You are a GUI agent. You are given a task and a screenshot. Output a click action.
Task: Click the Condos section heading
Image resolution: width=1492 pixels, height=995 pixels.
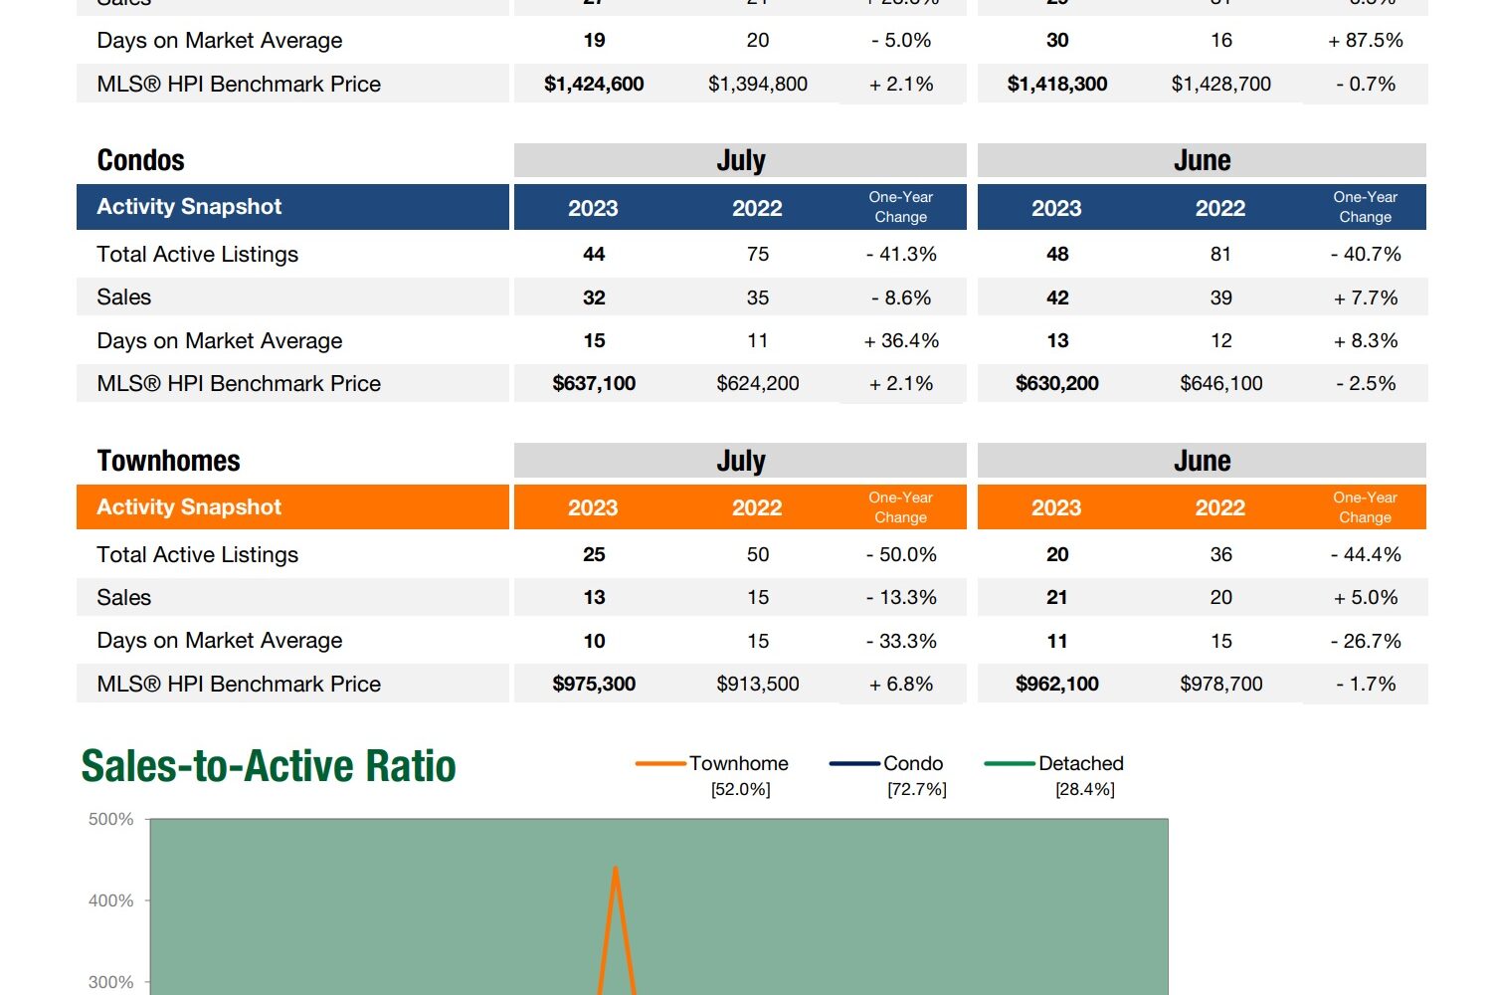click(140, 160)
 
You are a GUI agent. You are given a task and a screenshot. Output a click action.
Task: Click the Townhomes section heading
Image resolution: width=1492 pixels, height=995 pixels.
click(168, 461)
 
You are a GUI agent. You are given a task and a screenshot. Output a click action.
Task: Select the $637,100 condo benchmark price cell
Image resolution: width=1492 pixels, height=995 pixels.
click(594, 384)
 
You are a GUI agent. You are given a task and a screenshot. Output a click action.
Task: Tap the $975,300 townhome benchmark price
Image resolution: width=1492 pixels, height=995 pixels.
click(594, 685)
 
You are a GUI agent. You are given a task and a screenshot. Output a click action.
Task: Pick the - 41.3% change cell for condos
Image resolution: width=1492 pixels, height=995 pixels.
click(901, 255)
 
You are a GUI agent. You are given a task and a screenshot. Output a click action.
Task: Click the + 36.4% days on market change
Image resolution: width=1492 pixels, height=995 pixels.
click(901, 341)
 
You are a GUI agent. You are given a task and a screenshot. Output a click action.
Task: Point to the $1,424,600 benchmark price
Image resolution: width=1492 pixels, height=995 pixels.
click(594, 85)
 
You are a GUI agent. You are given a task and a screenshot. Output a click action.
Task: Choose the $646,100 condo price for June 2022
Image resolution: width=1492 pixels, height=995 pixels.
click(1220, 384)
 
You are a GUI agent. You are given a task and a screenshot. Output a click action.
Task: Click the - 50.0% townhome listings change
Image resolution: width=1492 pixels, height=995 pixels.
click(901, 555)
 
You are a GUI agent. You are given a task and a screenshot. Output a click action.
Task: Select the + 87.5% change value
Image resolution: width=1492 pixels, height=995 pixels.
click(1365, 41)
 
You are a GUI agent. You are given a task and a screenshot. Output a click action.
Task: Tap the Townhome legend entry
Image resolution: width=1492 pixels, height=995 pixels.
click(738, 763)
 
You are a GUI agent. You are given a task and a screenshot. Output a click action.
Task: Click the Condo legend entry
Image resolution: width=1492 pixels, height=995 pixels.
click(912, 763)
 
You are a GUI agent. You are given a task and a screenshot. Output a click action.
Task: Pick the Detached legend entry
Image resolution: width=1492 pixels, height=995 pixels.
click(1080, 763)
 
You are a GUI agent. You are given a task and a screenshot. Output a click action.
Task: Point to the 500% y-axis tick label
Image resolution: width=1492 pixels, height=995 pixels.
click(110, 820)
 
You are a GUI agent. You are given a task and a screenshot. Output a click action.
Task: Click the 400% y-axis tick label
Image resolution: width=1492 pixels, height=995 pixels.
click(110, 901)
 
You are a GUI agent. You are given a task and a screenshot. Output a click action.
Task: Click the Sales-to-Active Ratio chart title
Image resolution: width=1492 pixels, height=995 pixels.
click(269, 766)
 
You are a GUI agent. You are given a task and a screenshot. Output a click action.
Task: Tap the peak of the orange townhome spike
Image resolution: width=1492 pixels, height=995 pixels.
click(616, 868)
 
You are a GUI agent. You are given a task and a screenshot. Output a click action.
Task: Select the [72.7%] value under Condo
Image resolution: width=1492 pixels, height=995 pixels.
click(916, 790)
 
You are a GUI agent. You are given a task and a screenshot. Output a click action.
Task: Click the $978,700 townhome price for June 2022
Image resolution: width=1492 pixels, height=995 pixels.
click(1220, 685)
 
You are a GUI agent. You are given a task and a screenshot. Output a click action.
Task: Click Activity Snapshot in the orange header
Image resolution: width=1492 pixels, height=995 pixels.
click(189, 507)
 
